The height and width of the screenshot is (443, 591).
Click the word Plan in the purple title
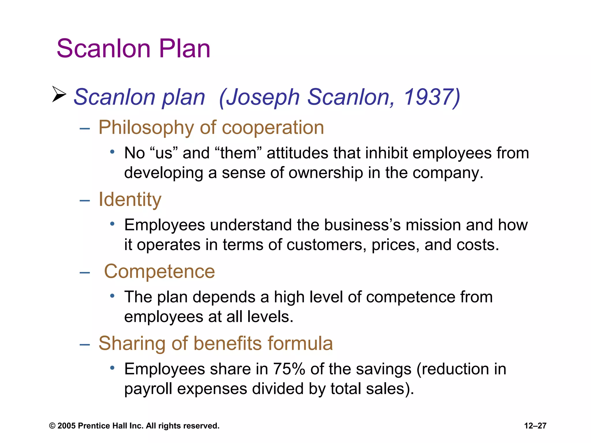184,48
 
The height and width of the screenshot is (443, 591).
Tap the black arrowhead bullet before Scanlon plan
59,94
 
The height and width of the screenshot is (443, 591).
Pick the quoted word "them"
238,153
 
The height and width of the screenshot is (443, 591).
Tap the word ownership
326,173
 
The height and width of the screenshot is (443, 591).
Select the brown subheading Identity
130,199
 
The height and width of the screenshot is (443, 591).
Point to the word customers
326,245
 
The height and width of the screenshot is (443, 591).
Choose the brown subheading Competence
159,271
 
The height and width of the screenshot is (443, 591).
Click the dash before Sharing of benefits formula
85,344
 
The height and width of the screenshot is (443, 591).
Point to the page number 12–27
535,426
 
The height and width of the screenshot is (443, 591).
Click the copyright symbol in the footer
52,426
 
